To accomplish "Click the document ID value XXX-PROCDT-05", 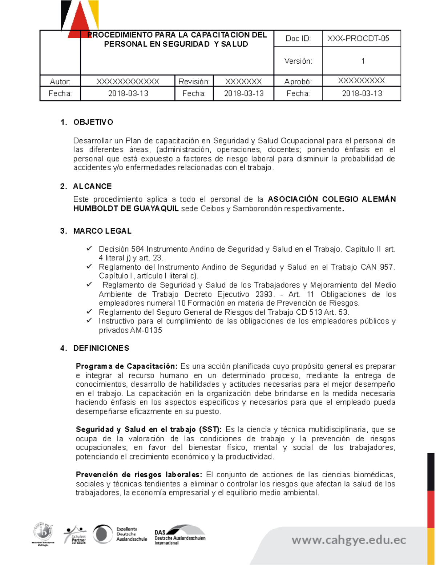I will tap(358, 39).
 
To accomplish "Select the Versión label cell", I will tap(298, 61).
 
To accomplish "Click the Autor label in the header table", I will tap(60, 81).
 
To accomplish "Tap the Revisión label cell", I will tap(194, 81).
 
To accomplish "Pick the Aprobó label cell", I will tap(298, 81).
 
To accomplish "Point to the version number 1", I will tap(363, 61).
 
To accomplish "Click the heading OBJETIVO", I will tap(93, 122).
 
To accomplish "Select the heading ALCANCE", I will tap(92, 186).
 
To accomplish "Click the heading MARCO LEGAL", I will tap(102, 231).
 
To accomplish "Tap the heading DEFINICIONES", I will tap(101, 348).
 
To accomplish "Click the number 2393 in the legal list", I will tap(265, 294).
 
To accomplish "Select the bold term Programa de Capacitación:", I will tap(126, 366).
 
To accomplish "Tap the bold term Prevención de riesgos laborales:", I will tap(139, 474).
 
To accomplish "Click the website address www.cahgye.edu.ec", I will tap(349, 540).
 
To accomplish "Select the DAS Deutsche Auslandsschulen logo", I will tap(180, 535).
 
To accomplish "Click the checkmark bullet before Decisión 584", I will tap(89, 249).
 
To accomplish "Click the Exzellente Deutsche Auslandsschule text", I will tap(131, 534).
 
